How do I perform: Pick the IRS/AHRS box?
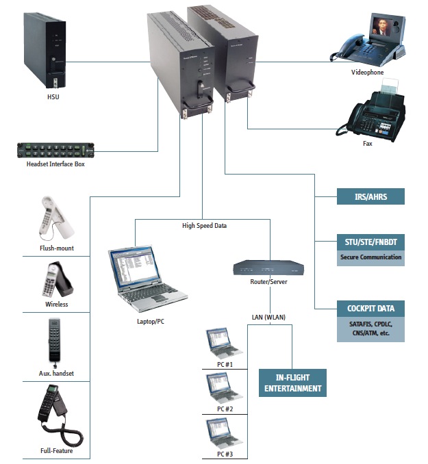click(x=370, y=197)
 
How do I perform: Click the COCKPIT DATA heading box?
click(x=370, y=307)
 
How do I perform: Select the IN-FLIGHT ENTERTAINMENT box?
click(x=292, y=383)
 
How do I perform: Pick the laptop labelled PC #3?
click(x=225, y=432)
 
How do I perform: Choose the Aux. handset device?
click(x=56, y=339)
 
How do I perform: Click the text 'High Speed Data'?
click(x=204, y=225)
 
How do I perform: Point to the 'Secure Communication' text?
click(x=370, y=258)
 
